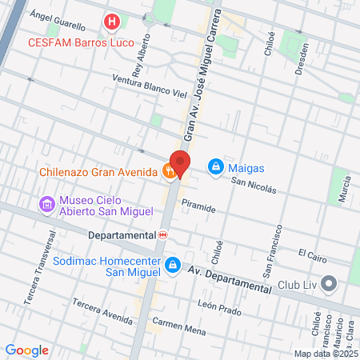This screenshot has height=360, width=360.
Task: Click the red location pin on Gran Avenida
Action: (x=180, y=164)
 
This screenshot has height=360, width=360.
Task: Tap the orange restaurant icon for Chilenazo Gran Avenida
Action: (x=168, y=170)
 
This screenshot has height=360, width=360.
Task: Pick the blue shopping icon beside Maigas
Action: (x=214, y=166)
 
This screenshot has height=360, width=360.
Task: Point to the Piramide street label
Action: (x=198, y=208)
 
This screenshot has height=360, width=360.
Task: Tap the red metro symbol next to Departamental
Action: (x=163, y=235)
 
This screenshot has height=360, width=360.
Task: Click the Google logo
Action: (x=26, y=350)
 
